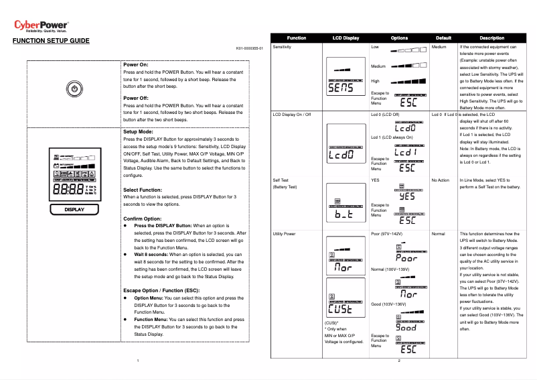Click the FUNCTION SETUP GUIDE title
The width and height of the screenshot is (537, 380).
51,42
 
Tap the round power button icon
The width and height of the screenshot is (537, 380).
74,90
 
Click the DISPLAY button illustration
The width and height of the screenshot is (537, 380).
74,209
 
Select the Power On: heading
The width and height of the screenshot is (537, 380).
136,64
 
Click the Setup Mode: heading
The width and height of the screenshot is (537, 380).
139,132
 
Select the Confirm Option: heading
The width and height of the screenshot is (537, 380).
143,218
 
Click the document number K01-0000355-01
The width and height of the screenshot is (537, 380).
250,49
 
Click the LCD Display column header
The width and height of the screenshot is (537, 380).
346,38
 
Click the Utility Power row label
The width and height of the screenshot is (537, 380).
285,234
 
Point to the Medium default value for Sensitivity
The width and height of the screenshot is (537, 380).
439,48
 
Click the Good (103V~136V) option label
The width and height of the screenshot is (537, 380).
388,304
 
